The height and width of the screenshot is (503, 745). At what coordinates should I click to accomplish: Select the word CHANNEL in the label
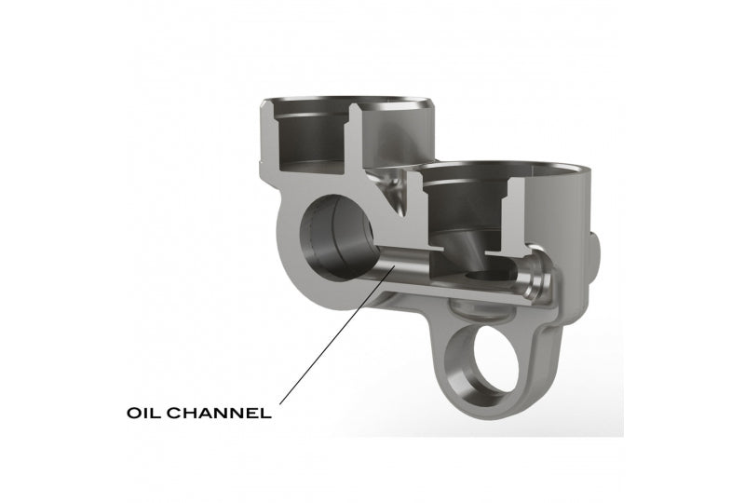[220, 413]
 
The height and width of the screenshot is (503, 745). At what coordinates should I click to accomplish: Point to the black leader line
[337, 335]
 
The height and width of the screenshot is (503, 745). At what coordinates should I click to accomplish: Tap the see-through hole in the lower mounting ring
[497, 359]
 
